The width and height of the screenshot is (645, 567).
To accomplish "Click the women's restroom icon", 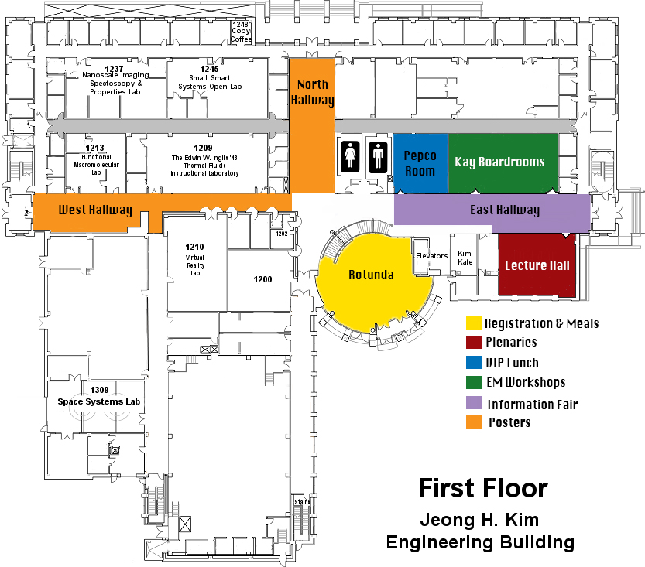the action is [350, 155].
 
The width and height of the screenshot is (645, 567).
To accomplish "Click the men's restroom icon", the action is [378, 156].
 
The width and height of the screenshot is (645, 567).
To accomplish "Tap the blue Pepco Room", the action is [420, 163].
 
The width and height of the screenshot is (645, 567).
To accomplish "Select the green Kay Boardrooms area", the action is [503, 163].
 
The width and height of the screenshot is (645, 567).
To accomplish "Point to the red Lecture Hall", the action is [537, 265].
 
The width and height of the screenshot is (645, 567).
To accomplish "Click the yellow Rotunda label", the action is [371, 275].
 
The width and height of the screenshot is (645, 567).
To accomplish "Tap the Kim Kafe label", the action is [465, 258].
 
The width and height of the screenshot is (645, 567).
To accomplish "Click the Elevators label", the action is [431, 255].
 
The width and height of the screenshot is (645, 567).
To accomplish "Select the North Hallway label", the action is [312, 92].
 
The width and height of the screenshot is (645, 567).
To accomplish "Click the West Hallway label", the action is [95, 210].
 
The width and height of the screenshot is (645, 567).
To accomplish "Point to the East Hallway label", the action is [505, 210].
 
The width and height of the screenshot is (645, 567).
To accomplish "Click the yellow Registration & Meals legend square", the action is [474, 323].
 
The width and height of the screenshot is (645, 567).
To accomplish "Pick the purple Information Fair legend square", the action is [474, 403].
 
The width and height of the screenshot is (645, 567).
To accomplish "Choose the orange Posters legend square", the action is [474, 422].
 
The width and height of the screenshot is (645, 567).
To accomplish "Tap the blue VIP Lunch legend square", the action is [474, 362].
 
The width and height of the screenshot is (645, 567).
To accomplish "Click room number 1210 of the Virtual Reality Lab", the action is [194, 247].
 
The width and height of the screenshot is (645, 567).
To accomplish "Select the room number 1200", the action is [262, 279].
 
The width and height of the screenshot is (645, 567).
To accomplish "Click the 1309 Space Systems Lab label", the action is [99, 396].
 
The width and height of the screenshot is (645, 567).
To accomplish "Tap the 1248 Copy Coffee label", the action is [241, 32].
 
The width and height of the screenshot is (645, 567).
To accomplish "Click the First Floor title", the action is [483, 489].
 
